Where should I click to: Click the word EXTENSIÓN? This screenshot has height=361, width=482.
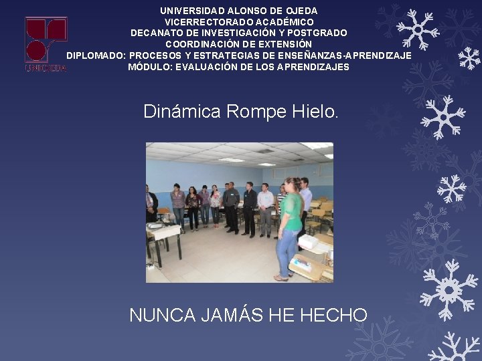(x=284, y=43)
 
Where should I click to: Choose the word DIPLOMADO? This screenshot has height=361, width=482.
(x=95, y=55)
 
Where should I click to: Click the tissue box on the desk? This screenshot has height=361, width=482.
(x=308, y=242)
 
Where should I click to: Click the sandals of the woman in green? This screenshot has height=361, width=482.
(x=281, y=277)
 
